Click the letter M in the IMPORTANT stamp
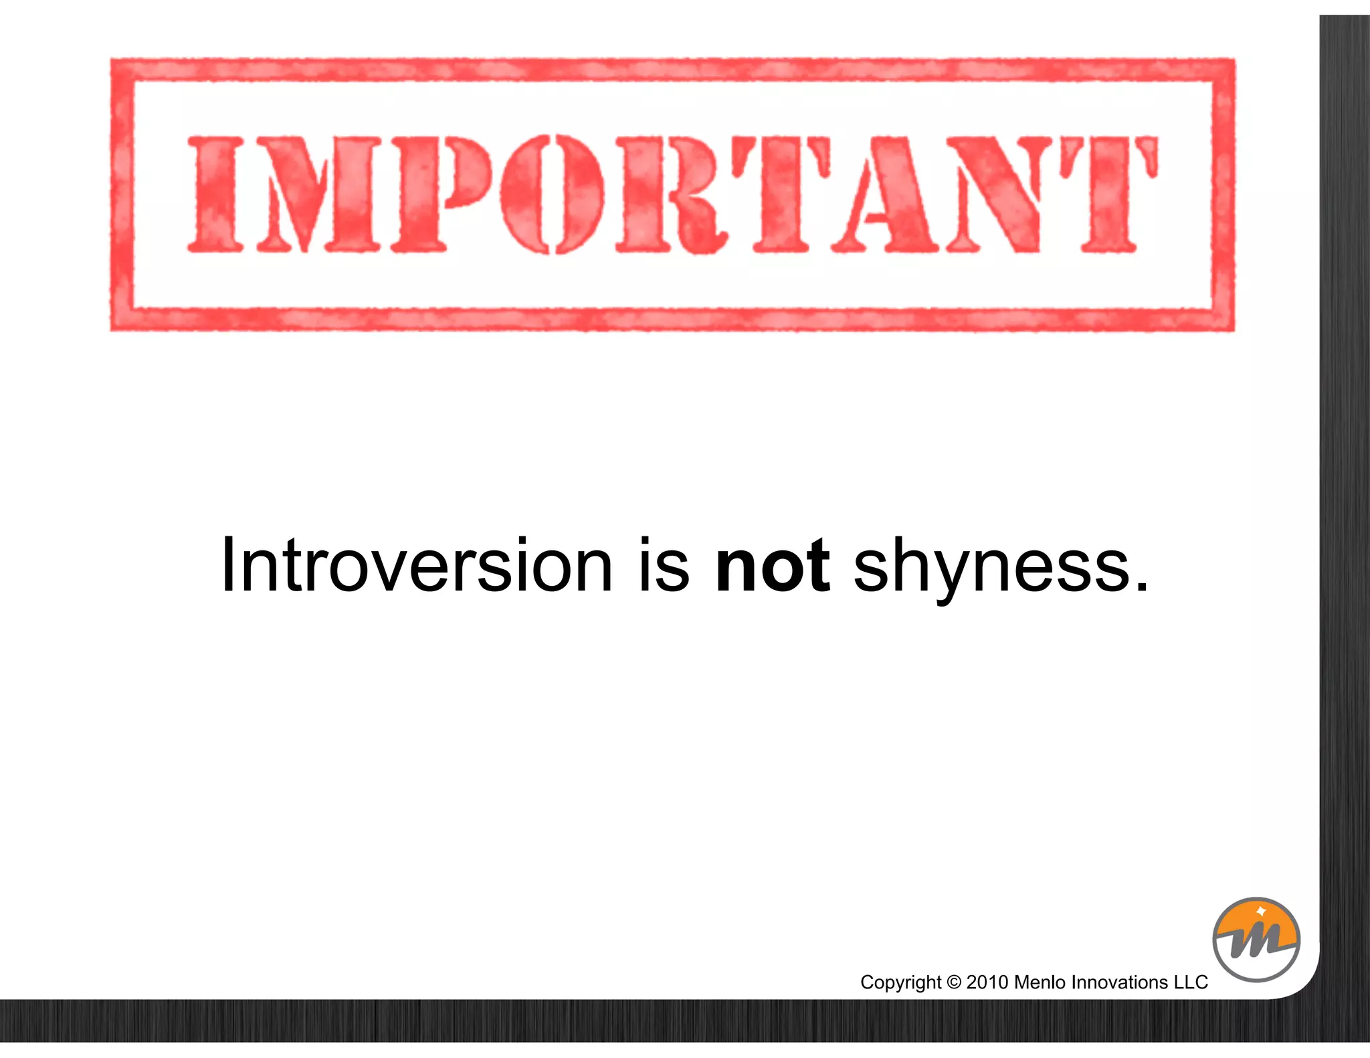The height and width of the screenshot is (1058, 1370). pos(318,194)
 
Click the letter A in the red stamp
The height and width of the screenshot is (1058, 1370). pos(882,194)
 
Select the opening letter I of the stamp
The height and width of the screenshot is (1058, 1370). pos(216,194)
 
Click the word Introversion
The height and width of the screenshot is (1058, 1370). pos(416,566)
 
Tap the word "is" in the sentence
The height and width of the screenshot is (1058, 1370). pos(663,566)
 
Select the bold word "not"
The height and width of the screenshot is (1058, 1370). pos(773,566)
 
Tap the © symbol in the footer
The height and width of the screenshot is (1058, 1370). pos(954,982)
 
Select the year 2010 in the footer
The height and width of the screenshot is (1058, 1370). pos(987,982)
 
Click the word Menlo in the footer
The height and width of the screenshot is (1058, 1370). pos(1040,982)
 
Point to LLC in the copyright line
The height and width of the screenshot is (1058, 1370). pos(1191,982)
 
